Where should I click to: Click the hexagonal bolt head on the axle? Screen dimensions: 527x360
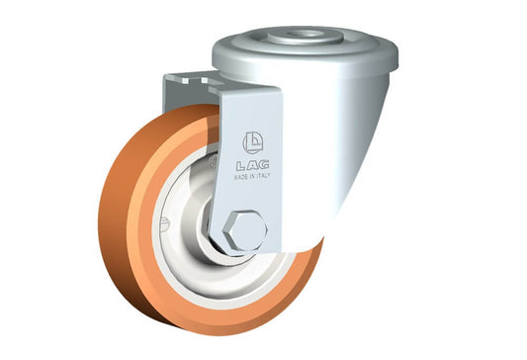[x=245, y=231]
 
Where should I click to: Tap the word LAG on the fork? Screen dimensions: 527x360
[x=253, y=164]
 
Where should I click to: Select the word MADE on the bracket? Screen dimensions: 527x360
[x=241, y=177]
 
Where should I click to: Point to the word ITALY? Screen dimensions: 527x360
[x=263, y=175]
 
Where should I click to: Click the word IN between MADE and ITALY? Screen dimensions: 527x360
[x=253, y=176]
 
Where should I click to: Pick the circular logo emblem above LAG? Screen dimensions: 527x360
[x=253, y=142]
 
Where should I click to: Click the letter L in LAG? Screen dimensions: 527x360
[x=241, y=165]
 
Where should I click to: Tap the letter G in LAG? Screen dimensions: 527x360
[x=264, y=164]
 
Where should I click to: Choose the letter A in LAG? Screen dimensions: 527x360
[x=253, y=164]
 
